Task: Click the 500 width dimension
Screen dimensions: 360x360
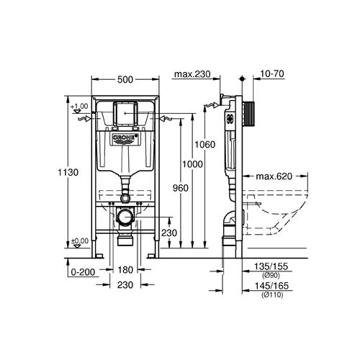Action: (x=125, y=79)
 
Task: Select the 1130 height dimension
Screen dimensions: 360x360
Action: (x=68, y=172)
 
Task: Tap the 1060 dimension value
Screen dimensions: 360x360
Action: (x=205, y=145)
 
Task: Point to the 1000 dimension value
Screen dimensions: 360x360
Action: (x=192, y=164)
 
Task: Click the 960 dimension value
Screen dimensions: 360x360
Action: (x=181, y=188)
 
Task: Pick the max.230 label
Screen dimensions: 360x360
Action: (x=192, y=74)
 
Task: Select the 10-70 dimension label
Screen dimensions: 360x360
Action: (x=272, y=73)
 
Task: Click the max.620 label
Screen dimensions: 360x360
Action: (x=274, y=176)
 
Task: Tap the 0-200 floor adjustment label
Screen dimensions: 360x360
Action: (x=83, y=272)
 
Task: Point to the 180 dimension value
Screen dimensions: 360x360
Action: (x=125, y=270)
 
